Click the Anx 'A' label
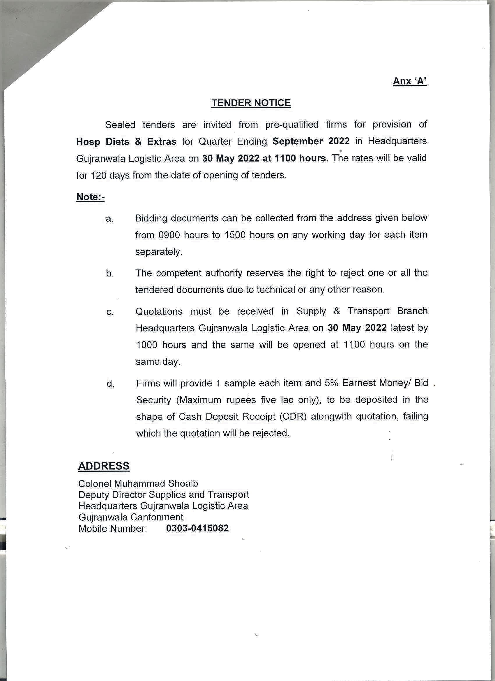click(x=410, y=81)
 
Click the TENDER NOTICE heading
click(x=251, y=103)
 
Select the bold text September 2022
click(x=311, y=141)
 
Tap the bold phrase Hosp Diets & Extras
click(x=126, y=142)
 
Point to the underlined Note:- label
click(x=90, y=197)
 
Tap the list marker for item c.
click(x=110, y=312)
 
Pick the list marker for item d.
click(x=110, y=384)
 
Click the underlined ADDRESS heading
click(x=104, y=466)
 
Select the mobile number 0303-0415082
click(x=197, y=528)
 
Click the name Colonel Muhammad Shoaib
click(x=138, y=483)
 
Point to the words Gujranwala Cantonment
click(x=131, y=517)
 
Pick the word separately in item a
click(x=159, y=252)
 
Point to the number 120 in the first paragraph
click(x=99, y=175)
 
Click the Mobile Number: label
click(x=113, y=529)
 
